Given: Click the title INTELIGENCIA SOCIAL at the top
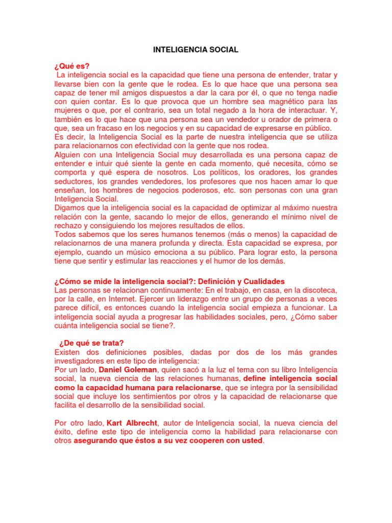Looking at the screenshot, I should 196,50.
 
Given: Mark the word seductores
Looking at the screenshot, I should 72,181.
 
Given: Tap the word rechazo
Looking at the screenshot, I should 68,225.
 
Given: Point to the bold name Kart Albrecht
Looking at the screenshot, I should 132,423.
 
